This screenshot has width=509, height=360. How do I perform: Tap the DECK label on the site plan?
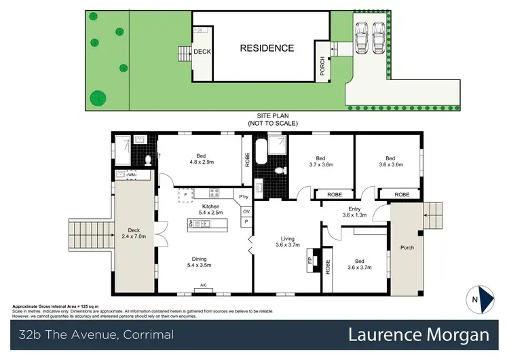[x=202, y=52]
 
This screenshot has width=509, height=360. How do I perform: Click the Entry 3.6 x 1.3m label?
[x=354, y=213]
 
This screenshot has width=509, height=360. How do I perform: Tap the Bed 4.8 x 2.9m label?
[x=201, y=159]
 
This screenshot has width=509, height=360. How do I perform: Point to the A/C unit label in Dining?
[x=203, y=285]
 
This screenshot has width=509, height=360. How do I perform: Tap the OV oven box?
[x=246, y=210]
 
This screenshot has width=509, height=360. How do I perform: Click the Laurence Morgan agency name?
[x=419, y=334]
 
